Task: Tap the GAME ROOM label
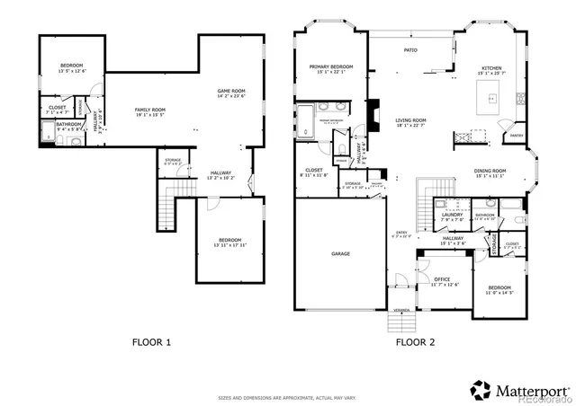tap(231, 91)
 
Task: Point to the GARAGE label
tap(340, 254)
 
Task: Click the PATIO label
tap(410, 50)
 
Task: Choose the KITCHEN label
tap(491, 68)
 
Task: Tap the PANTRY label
tap(516, 136)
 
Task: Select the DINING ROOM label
tap(490, 170)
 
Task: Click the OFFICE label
tap(442, 279)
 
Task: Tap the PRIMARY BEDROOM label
tap(330, 66)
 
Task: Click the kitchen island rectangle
tap(490, 95)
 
